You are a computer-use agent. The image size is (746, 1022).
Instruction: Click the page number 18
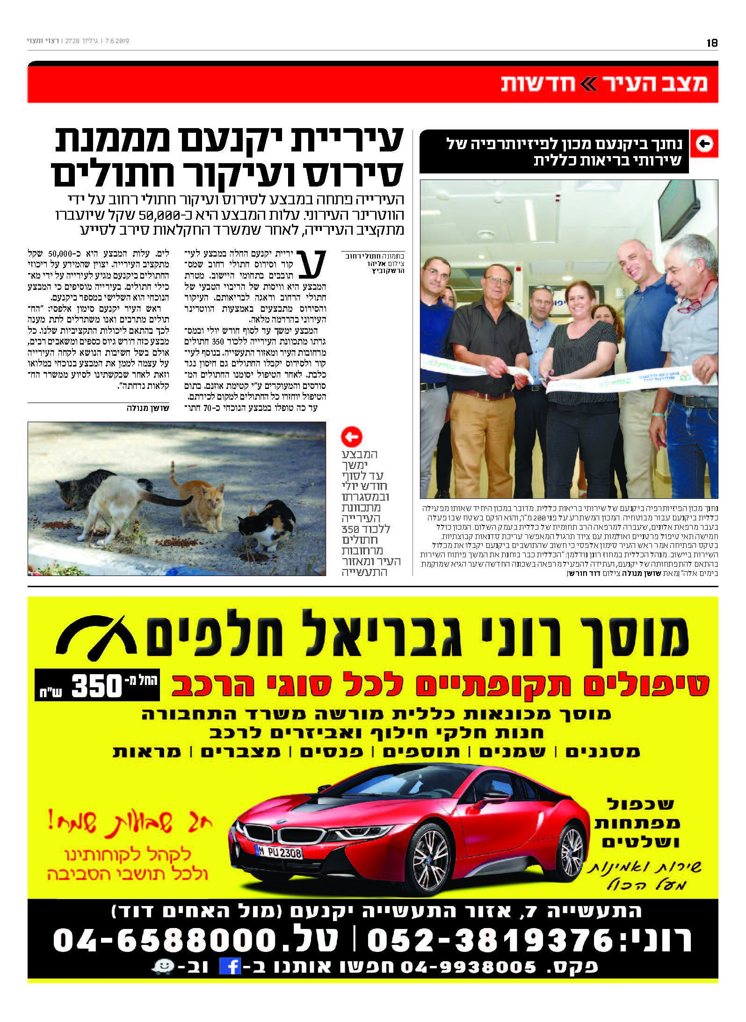[x=712, y=43]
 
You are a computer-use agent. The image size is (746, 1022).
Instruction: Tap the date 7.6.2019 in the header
[x=117, y=41]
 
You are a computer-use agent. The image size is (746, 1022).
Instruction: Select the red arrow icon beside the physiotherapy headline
[x=704, y=144]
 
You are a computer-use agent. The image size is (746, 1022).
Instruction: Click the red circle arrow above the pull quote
[x=352, y=437]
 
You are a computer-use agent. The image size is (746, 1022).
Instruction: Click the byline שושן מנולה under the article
[x=148, y=408]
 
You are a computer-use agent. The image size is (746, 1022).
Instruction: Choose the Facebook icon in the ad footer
[x=230, y=967]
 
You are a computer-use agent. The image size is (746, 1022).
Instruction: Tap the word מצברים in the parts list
[x=241, y=752]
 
